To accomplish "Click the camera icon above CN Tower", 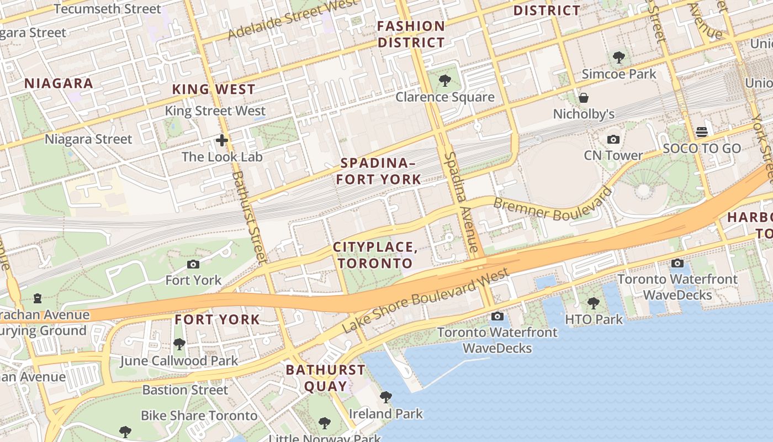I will click(613, 140).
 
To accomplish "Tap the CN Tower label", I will click(613, 156).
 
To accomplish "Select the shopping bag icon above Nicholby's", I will click(584, 98).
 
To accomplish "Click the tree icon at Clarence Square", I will click(444, 81).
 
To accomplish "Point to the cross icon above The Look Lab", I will click(222, 140).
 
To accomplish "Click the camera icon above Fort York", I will click(193, 265).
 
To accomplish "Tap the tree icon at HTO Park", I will click(594, 303).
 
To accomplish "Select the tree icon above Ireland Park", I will click(386, 397).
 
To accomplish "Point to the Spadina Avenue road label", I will click(462, 203).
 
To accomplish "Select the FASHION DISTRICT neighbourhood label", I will click(411, 34).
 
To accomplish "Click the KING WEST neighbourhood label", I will click(214, 90).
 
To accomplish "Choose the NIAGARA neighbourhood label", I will click(59, 84).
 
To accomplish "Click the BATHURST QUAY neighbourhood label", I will click(325, 378).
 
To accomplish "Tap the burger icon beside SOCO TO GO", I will click(702, 132).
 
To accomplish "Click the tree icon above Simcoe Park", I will click(619, 57).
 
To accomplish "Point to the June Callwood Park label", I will click(179, 361).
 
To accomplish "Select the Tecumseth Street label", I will click(108, 9).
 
